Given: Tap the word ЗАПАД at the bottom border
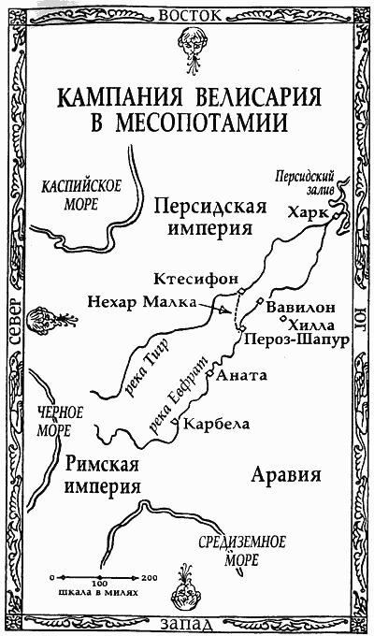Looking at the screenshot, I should click(188, 621).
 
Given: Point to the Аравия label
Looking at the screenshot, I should click(287, 474).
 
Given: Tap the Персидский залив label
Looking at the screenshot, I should click(301, 180).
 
